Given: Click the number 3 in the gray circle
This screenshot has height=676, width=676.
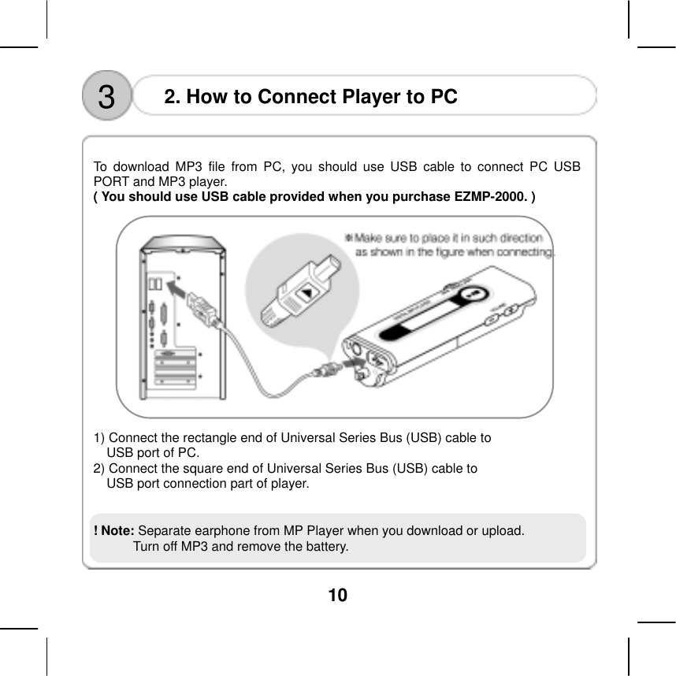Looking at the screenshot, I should coord(106,98).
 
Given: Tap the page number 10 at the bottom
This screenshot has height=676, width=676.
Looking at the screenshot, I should coord(337,595).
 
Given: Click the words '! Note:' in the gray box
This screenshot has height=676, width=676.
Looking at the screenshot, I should coord(113,530).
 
